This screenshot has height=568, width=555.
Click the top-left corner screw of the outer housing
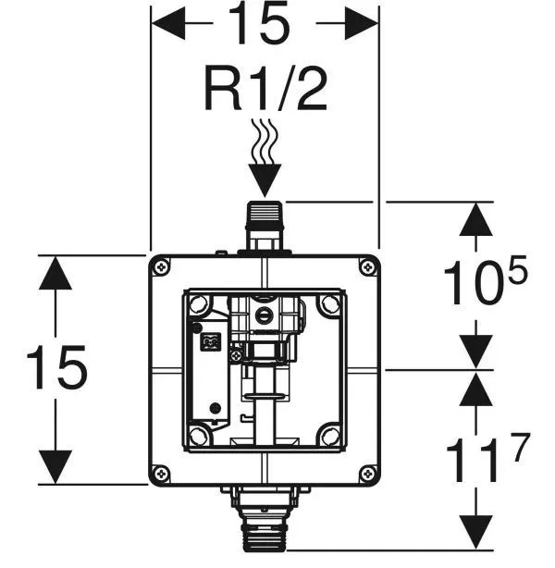click(x=164, y=268)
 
